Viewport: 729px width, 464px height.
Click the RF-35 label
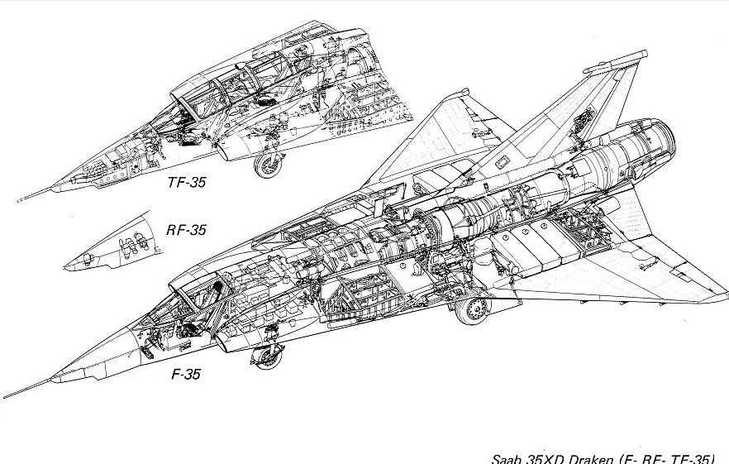click(x=185, y=230)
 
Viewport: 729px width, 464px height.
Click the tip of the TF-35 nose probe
click(x=18, y=201)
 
